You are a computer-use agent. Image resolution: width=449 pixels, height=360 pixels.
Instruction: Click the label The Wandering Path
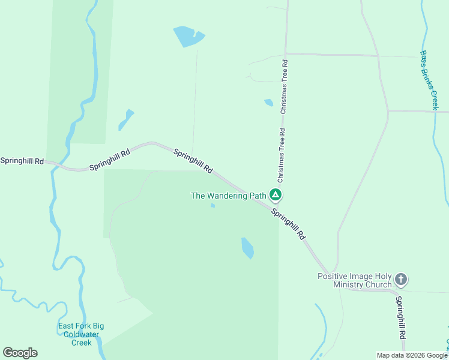coord(228,196)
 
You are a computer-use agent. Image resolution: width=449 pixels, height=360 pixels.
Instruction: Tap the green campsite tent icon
coord(276,194)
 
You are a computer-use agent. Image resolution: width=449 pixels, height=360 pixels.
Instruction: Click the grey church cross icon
coord(401,280)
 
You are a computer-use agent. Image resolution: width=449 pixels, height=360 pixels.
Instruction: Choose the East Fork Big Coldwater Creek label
coord(81,334)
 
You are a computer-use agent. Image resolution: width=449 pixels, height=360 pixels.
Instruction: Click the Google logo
coord(20,353)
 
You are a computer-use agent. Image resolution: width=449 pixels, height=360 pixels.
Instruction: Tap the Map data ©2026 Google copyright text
coord(412,355)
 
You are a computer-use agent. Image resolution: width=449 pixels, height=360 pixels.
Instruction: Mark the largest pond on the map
coord(188,37)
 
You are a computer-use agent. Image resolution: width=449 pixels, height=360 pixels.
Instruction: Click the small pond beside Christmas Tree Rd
coord(269,103)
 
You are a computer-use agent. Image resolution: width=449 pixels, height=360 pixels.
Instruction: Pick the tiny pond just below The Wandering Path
coord(212,206)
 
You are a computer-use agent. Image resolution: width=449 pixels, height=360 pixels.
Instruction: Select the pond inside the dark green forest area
coord(247,247)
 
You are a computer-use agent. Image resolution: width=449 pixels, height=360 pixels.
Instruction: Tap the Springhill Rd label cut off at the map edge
coord(22,161)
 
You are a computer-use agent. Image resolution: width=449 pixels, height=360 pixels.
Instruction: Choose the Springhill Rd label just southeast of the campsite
coord(289,224)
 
